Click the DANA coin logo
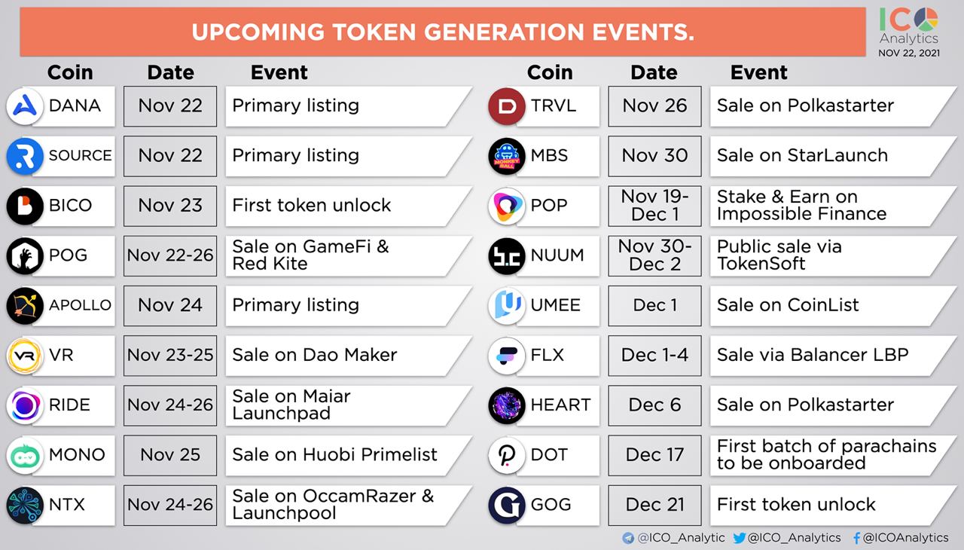point(25,106)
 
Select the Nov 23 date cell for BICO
point(170,206)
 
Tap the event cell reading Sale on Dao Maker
point(349,356)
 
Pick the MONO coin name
point(77,454)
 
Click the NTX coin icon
point(25,506)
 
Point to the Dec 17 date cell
point(654,455)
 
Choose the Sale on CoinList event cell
point(833,306)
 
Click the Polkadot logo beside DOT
point(507,455)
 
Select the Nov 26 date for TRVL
point(654,106)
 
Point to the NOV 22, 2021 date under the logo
point(909,53)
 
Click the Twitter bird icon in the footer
point(740,538)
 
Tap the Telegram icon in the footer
point(628,538)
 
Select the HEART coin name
point(561,405)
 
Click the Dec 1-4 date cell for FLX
point(654,356)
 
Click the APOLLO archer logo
point(25,306)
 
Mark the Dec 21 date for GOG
point(654,506)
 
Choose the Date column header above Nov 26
point(654,72)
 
